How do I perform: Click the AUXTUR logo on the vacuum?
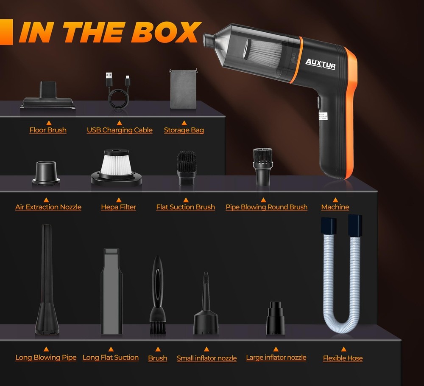[x=321, y=64]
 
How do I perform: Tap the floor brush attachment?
[x=47, y=95]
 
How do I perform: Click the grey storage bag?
[x=183, y=89]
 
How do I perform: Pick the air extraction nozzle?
[x=46, y=173]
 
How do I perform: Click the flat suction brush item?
[x=186, y=168]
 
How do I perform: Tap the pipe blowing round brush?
[x=262, y=166]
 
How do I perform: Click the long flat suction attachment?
[x=112, y=291]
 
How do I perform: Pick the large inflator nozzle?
[x=275, y=318]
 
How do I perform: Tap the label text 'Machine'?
[x=335, y=207]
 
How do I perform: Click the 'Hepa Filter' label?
[x=118, y=207]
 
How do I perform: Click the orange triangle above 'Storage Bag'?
[x=184, y=123]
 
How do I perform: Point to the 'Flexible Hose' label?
[x=343, y=358]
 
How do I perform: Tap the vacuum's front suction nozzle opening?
[x=208, y=40]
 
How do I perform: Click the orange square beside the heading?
[x=6, y=32]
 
